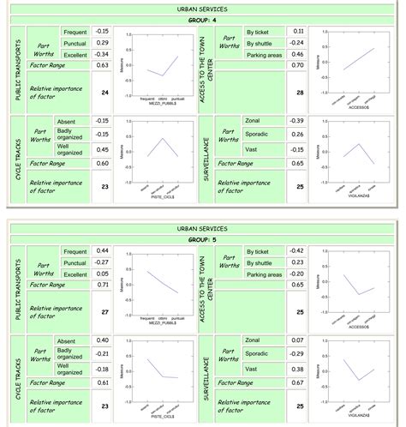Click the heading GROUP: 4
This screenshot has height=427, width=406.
coord(202,19)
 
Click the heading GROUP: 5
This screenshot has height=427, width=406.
coord(202,240)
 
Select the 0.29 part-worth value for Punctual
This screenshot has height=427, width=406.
coord(102,42)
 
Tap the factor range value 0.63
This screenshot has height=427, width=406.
coord(102,65)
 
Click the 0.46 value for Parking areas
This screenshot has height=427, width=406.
coord(298,54)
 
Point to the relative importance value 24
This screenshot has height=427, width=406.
coord(104,92)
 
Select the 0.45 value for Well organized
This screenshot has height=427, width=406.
coord(102,149)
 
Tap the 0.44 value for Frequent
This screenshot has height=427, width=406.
coord(102,250)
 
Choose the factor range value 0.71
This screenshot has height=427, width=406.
coord(102,284)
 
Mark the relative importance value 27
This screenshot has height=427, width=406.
coord(104,313)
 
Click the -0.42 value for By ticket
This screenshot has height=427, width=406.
coord(298,250)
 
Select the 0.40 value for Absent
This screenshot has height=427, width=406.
coord(102,340)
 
